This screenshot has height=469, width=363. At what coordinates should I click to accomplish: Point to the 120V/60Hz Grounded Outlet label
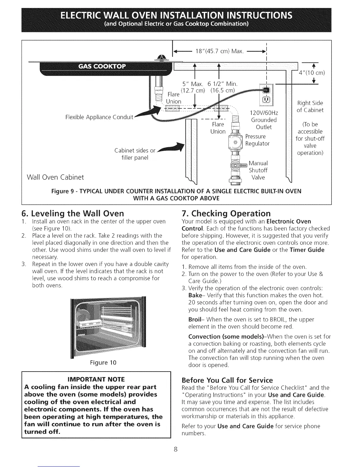(264, 120)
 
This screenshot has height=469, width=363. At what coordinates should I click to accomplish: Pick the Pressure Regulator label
(257, 140)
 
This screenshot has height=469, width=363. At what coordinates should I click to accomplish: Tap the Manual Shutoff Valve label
(258, 170)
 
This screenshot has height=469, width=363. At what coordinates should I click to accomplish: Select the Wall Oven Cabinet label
(55, 177)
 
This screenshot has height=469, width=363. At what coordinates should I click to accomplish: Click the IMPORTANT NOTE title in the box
(96, 379)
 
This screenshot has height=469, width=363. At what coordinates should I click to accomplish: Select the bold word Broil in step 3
(195, 320)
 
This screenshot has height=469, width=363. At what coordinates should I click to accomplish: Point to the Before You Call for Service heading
(227, 380)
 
